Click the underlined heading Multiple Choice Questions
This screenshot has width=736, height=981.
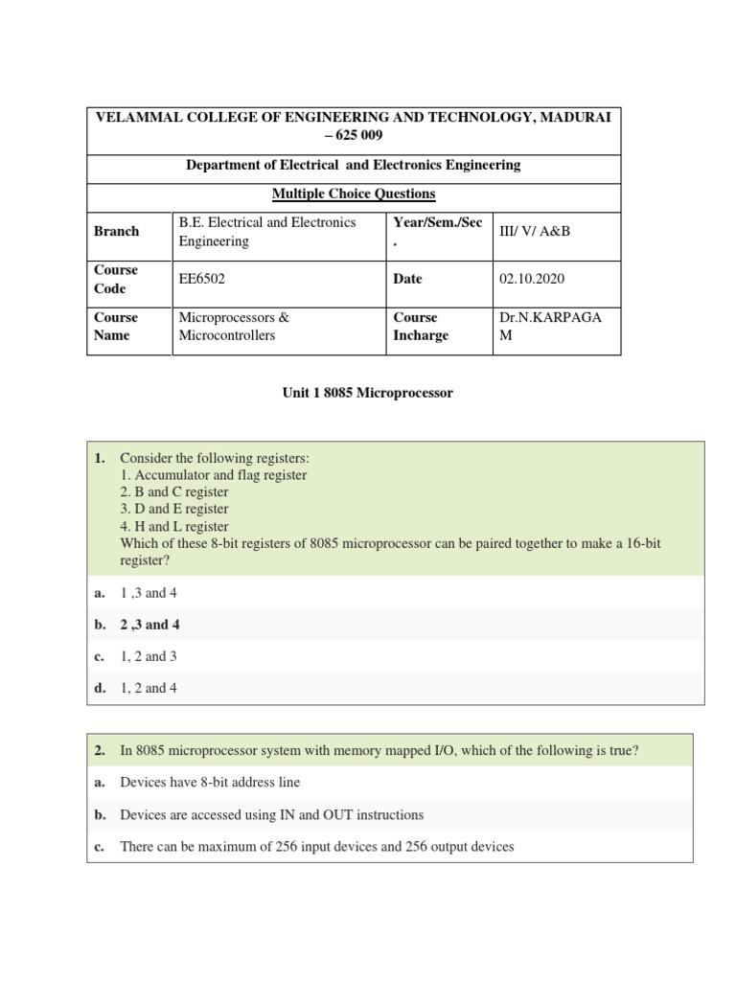click(354, 194)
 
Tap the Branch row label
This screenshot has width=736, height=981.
click(116, 231)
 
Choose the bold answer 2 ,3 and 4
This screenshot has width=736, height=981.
click(149, 625)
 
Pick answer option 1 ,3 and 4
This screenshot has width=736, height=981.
click(149, 593)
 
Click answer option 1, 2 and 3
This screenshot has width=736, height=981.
click(149, 656)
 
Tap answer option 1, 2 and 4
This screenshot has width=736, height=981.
click(149, 688)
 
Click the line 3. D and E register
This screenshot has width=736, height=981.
click(174, 509)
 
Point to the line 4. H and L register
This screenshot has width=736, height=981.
click(174, 526)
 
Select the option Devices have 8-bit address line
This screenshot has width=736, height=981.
click(210, 783)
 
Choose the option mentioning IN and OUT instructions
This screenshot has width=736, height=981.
click(271, 814)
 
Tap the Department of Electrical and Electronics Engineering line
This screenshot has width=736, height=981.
click(354, 165)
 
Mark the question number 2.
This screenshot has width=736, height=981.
click(100, 751)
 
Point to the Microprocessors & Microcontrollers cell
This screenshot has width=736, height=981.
click(234, 326)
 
